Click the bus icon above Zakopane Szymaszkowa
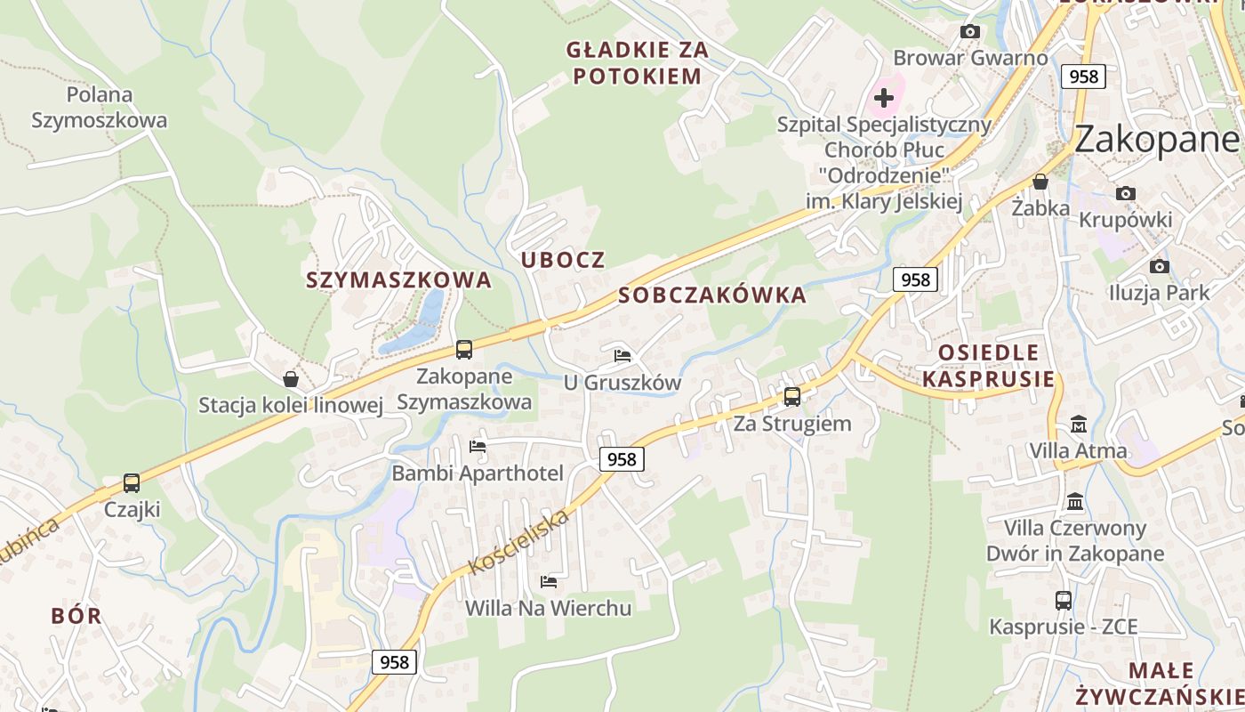463,350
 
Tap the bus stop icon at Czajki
132,483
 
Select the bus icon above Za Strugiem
791,397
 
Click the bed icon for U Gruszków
622,356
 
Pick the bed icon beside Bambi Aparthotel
478,446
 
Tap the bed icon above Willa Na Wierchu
549,582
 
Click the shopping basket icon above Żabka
1040,182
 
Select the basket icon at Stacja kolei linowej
290,379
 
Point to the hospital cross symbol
884,97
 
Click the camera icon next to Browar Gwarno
970,32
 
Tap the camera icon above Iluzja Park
1159,266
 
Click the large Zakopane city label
1156,140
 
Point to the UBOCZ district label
563,260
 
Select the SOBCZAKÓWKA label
712,295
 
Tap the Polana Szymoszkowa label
100,107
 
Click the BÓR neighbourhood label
76,616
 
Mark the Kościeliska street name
518,542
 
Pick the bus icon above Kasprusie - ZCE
1063,601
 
